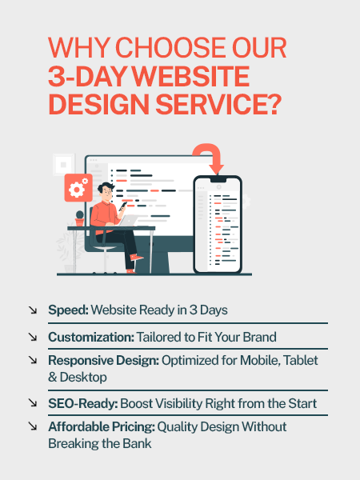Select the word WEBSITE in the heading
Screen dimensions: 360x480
(x=190, y=76)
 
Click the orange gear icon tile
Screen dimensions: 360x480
(x=78, y=188)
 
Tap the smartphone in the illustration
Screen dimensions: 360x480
(x=218, y=224)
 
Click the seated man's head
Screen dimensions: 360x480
(x=106, y=191)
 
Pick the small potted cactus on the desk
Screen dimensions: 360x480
(x=79, y=218)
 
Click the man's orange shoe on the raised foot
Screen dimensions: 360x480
(x=136, y=257)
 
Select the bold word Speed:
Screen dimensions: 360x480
(x=68, y=310)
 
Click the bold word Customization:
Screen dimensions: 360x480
(x=91, y=337)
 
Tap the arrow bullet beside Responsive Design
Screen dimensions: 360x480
(x=33, y=360)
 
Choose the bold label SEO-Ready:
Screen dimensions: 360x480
(x=83, y=403)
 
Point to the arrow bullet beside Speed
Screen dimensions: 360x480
(x=33, y=310)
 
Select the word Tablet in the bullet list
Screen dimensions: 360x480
(x=301, y=360)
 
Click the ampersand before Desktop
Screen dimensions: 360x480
(x=53, y=377)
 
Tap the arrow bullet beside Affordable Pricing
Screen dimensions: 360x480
(x=33, y=426)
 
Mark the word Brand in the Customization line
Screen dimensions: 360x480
(x=259, y=337)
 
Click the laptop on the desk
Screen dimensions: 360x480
(x=128, y=221)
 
